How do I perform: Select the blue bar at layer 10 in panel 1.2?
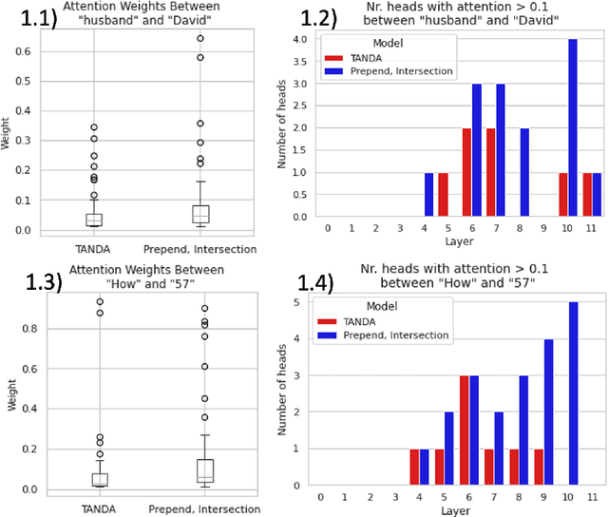point(574,128)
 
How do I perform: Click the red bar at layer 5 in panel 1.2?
point(444,195)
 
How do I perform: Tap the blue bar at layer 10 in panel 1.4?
point(573,393)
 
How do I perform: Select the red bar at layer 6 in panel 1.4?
point(465,430)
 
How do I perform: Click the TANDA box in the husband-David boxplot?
point(94,220)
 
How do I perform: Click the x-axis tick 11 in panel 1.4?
point(593,497)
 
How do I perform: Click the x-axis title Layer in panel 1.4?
point(455,510)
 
